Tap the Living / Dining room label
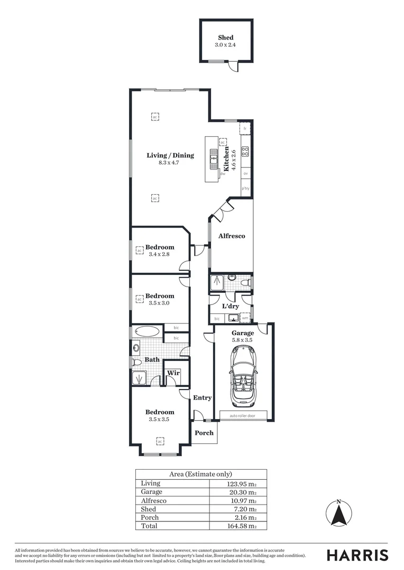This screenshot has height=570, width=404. tap(170, 155)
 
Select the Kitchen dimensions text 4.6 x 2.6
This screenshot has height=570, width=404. tap(233, 158)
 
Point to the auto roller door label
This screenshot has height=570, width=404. tap(243, 415)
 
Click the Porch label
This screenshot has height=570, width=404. tap(204, 433)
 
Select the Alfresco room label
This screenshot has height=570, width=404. tap(232, 236)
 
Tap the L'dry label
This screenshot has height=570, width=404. tap(230, 306)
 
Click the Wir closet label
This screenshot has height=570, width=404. tap(172, 373)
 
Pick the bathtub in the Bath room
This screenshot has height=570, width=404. tap(147, 331)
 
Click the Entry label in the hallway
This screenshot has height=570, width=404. tap(202, 397)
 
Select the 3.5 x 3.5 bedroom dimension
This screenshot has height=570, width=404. tap(159, 420)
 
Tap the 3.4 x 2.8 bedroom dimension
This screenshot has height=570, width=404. tap(160, 254)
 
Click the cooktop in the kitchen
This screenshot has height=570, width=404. tap(245, 151)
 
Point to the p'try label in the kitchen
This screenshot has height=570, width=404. tap(245, 188)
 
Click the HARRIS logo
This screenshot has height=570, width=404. tap(357, 555)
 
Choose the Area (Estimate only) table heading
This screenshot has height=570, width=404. tap(200, 474)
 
